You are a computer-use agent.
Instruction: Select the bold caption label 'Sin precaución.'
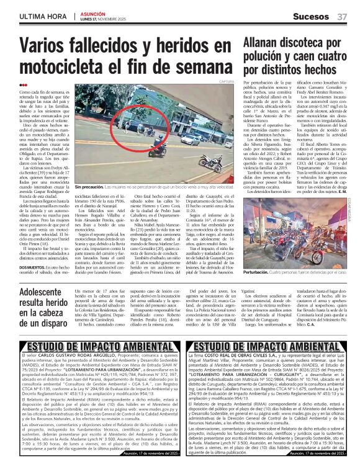pos(88,187)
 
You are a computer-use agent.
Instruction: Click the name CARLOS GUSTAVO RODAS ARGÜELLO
pos(83,358)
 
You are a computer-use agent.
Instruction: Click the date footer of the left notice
pos(150,455)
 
